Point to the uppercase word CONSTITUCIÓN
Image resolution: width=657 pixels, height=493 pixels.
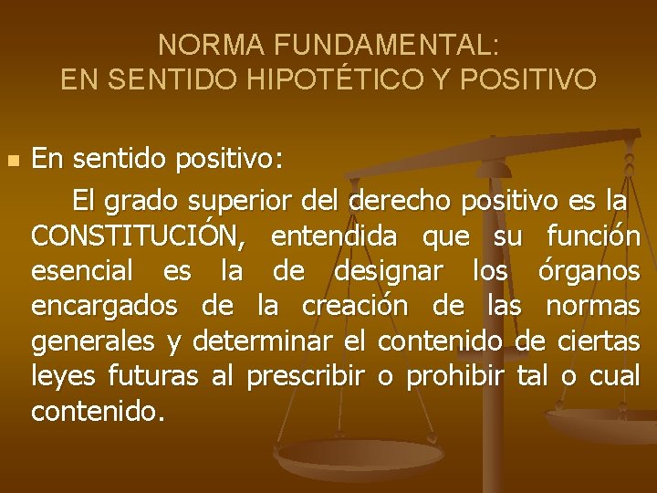coord(138,237)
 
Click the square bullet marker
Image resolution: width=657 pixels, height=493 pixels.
coord(12,161)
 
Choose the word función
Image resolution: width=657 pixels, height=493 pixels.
coord(593,237)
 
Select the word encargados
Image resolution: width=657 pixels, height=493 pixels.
coord(104,307)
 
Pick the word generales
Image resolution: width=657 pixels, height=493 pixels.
coord(94,341)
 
